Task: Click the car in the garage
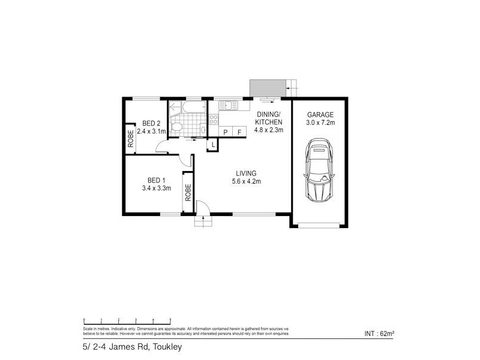[319, 170]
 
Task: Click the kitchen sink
[230, 106]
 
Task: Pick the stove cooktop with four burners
[214, 119]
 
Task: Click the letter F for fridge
[239, 132]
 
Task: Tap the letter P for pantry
[226, 132]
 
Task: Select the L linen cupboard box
[212, 145]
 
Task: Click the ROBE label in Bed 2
[130, 139]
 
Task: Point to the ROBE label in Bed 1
[187, 192]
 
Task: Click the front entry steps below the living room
[203, 222]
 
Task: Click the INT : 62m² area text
[379, 333]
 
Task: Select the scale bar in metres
[127, 321]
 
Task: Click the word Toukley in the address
[167, 347]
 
